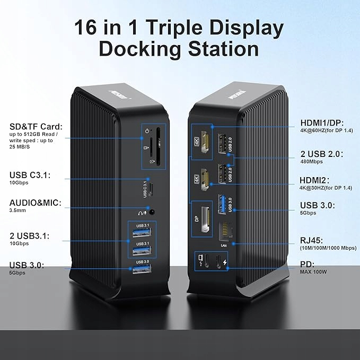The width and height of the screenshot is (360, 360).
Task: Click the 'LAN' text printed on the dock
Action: [x=223, y=245]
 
